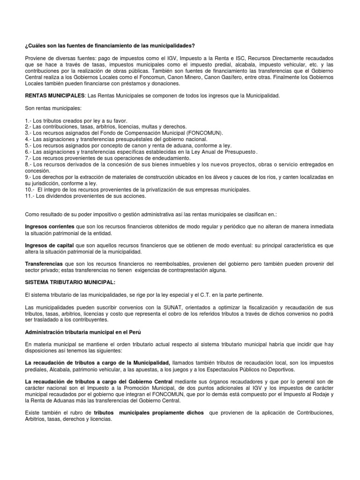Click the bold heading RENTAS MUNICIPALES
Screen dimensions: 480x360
click(x=55, y=96)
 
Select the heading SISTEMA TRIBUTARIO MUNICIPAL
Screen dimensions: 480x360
click(x=69, y=282)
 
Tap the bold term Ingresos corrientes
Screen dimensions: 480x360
click(x=49, y=226)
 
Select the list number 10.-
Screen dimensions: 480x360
click(x=30, y=189)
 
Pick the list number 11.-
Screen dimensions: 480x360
click(x=30, y=195)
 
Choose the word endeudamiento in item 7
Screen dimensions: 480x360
click(x=148, y=158)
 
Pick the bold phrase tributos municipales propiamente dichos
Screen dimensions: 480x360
click(x=149, y=412)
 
